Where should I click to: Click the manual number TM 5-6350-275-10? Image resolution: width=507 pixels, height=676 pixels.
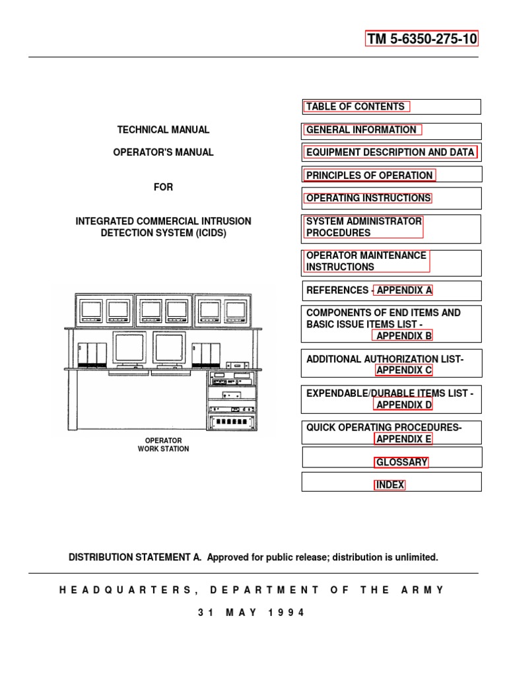[x=422, y=38]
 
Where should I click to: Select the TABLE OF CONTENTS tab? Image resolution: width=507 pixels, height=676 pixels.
[x=356, y=106]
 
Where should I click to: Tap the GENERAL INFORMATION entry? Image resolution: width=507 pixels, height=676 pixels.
[x=361, y=130]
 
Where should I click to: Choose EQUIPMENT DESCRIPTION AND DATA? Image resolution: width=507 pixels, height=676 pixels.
[x=390, y=152]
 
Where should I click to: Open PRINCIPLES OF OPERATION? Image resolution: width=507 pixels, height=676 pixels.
[x=369, y=175]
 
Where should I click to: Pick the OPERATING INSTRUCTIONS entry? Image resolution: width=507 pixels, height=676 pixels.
[x=368, y=198]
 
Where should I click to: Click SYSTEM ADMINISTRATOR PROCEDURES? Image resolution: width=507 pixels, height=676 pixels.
[x=364, y=227]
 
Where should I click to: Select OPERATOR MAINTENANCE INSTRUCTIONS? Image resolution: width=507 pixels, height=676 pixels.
[x=366, y=261]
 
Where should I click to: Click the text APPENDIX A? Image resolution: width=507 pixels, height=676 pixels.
[x=404, y=290]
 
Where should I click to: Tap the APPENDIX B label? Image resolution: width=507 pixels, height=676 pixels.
[x=403, y=335]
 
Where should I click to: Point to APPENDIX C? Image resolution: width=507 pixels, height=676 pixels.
[x=403, y=370]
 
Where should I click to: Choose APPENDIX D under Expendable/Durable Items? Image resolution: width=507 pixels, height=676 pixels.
[x=403, y=405]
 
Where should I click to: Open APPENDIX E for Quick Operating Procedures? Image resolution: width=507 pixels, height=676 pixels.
[x=403, y=439]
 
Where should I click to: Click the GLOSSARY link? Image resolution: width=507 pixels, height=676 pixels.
[x=401, y=462]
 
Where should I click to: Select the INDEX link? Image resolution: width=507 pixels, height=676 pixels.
[x=389, y=485]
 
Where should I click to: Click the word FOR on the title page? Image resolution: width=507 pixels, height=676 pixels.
[x=164, y=187]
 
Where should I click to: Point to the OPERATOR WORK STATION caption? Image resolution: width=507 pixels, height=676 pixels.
[x=164, y=444]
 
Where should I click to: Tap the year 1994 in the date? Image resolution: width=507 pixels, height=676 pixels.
[x=287, y=613]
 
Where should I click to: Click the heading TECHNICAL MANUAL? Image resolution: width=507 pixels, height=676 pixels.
[x=164, y=130]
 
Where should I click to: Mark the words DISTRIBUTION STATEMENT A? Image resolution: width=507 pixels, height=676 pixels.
[x=135, y=557]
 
